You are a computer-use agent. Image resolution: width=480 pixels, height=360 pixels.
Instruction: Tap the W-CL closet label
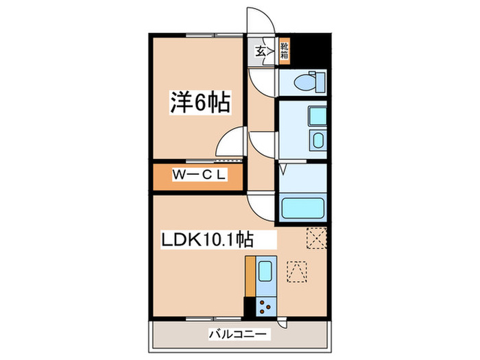pyautogui.click(x=198, y=175)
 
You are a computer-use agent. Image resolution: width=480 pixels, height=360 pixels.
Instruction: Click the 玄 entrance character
pyautogui.click(x=261, y=51)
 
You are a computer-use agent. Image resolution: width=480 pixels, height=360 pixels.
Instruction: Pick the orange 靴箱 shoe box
pyautogui.click(x=284, y=51)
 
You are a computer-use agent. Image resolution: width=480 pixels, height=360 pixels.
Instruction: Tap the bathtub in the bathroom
pyautogui.click(x=302, y=208)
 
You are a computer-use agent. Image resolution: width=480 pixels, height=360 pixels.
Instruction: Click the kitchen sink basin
pyautogui.click(x=265, y=272)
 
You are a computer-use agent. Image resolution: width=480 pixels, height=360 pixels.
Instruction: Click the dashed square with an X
pyautogui.click(x=316, y=237)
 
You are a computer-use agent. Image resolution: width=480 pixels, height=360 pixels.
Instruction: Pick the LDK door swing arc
pyautogui.click(x=261, y=204)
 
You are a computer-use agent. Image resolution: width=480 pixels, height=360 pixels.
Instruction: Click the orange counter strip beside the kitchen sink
pyautogui.click(x=250, y=277)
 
